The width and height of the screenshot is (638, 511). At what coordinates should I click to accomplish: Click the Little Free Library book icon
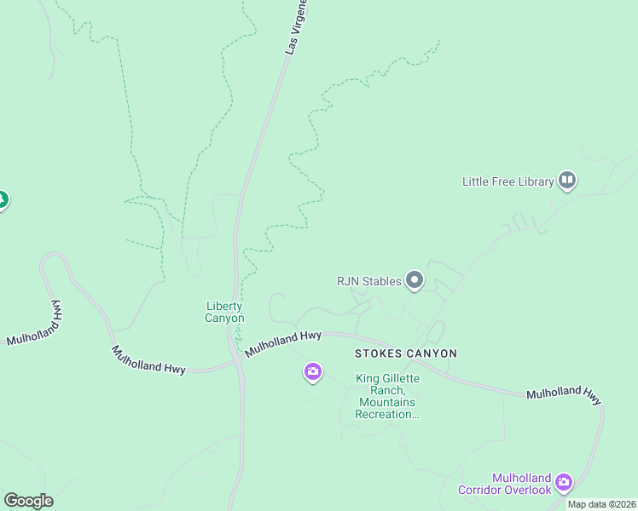pyautogui.click(x=567, y=180)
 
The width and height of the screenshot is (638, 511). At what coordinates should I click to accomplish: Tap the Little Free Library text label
pyautogui.click(x=507, y=181)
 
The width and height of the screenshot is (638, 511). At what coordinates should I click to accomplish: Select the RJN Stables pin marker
pyautogui.click(x=415, y=279)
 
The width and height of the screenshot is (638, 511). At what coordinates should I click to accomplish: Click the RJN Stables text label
pyautogui.click(x=368, y=281)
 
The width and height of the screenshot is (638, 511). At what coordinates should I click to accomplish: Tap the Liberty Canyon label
pyautogui.click(x=224, y=313)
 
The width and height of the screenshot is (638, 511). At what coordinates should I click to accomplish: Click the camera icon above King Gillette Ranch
pyautogui.click(x=313, y=371)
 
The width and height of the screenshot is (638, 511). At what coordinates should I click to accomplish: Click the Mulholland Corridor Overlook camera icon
pyautogui.click(x=564, y=484)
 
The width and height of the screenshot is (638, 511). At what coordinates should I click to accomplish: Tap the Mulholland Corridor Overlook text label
pyautogui.click(x=504, y=484)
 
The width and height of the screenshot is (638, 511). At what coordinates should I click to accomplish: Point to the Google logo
pyautogui.click(x=28, y=501)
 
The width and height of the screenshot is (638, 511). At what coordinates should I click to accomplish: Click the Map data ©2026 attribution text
pyautogui.click(x=601, y=504)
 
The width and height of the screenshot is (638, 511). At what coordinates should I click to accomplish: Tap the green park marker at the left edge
pyautogui.click(x=2, y=201)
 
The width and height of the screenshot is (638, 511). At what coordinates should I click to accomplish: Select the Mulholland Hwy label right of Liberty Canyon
pyautogui.click(x=282, y=344)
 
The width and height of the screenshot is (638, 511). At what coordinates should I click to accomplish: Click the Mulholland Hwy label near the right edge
pyautogui.click(x=564, y=395)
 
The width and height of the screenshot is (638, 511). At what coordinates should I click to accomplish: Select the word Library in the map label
pyautogui.click(x=533, y=181)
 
